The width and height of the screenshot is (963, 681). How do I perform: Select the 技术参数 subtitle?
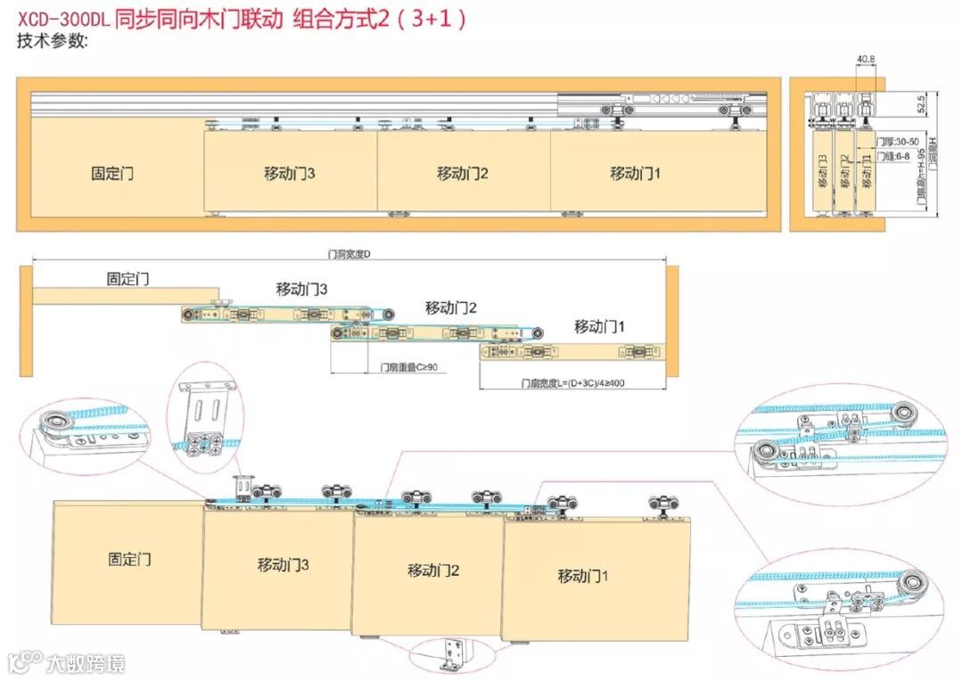tap(53, 40)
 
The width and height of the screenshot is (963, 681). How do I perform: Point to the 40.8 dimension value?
tap(865, 61)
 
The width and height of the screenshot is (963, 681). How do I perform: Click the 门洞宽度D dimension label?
tap(349, 255)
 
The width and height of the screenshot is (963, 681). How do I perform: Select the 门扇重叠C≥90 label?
tap(407, 366)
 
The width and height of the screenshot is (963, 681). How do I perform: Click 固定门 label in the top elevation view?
tap(112, 173)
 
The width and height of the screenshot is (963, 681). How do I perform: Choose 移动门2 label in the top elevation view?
tap(463, 173)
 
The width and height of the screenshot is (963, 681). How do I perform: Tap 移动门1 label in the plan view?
tap(599, 327)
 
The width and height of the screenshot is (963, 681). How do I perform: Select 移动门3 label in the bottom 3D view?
tap(284, 564)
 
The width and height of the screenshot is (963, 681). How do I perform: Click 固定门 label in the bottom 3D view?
tap(130, 560)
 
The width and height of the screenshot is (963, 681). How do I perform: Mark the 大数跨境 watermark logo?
tap(66, 662)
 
